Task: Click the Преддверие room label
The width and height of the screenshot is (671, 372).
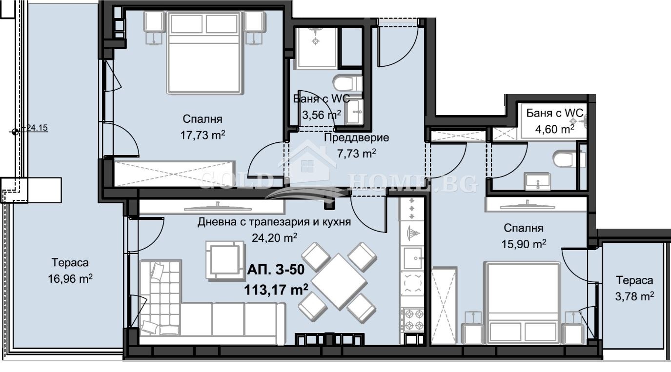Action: pyautogui.click(x=357, y=137)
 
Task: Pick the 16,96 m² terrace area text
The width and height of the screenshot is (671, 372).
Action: pyautogui.click(x=70, y=279)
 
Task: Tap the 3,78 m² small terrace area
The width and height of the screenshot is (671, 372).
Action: pyautogui.click(x=634, y=295)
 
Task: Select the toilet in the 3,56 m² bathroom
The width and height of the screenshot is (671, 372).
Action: pyautogui.click(x=347, y=82)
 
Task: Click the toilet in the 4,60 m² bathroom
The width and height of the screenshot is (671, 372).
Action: pyautogui.click(x=565, y=158)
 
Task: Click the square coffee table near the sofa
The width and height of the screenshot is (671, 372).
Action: pyautogui.click(x=224, y=260)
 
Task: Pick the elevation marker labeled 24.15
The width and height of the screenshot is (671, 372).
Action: pyautogui.click(x=15, y=131)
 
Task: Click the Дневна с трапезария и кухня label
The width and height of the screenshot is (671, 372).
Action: pyautogui.click(x=274, y=223)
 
